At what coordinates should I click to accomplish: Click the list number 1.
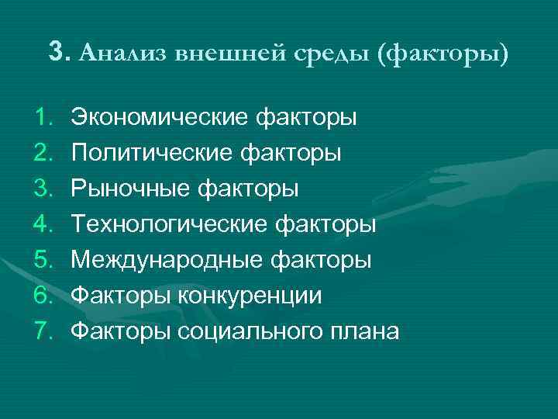pos(43,118)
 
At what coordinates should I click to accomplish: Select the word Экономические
pos(157,118)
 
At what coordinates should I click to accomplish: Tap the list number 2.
pos(43,154)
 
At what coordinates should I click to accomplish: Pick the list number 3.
pos(43,189)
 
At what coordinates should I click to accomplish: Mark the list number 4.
pos(43,225)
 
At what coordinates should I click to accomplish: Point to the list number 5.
pos(43,261)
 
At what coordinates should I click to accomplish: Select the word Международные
pos(163,261)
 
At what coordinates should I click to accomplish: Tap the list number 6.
pos(43,296)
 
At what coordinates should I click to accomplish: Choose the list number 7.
pos(43,332)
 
